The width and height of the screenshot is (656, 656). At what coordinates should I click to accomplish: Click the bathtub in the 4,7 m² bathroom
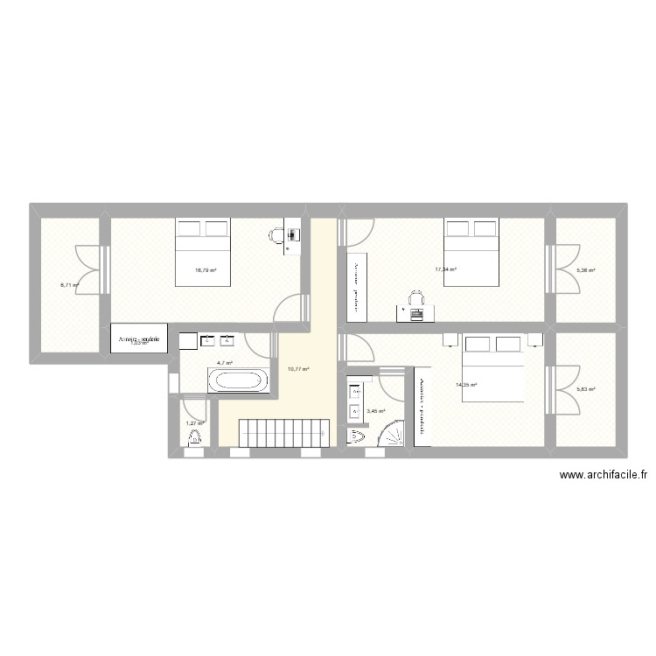point(239,381)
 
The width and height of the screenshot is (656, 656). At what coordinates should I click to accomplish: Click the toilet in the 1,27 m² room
point(194,437)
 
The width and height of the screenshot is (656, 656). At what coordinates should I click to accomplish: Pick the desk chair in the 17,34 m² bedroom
point(417,299)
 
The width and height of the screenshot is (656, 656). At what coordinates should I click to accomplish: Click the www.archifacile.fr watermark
point(604,476)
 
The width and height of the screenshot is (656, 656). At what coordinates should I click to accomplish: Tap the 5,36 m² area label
point(585,270)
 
